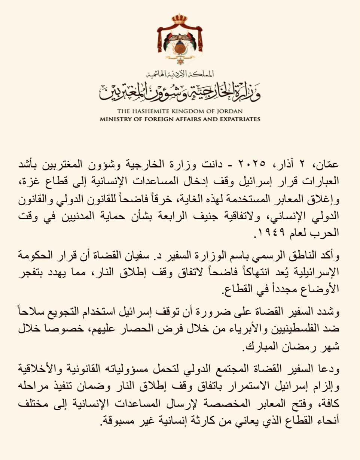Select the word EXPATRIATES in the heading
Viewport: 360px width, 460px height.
point(239,119)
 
